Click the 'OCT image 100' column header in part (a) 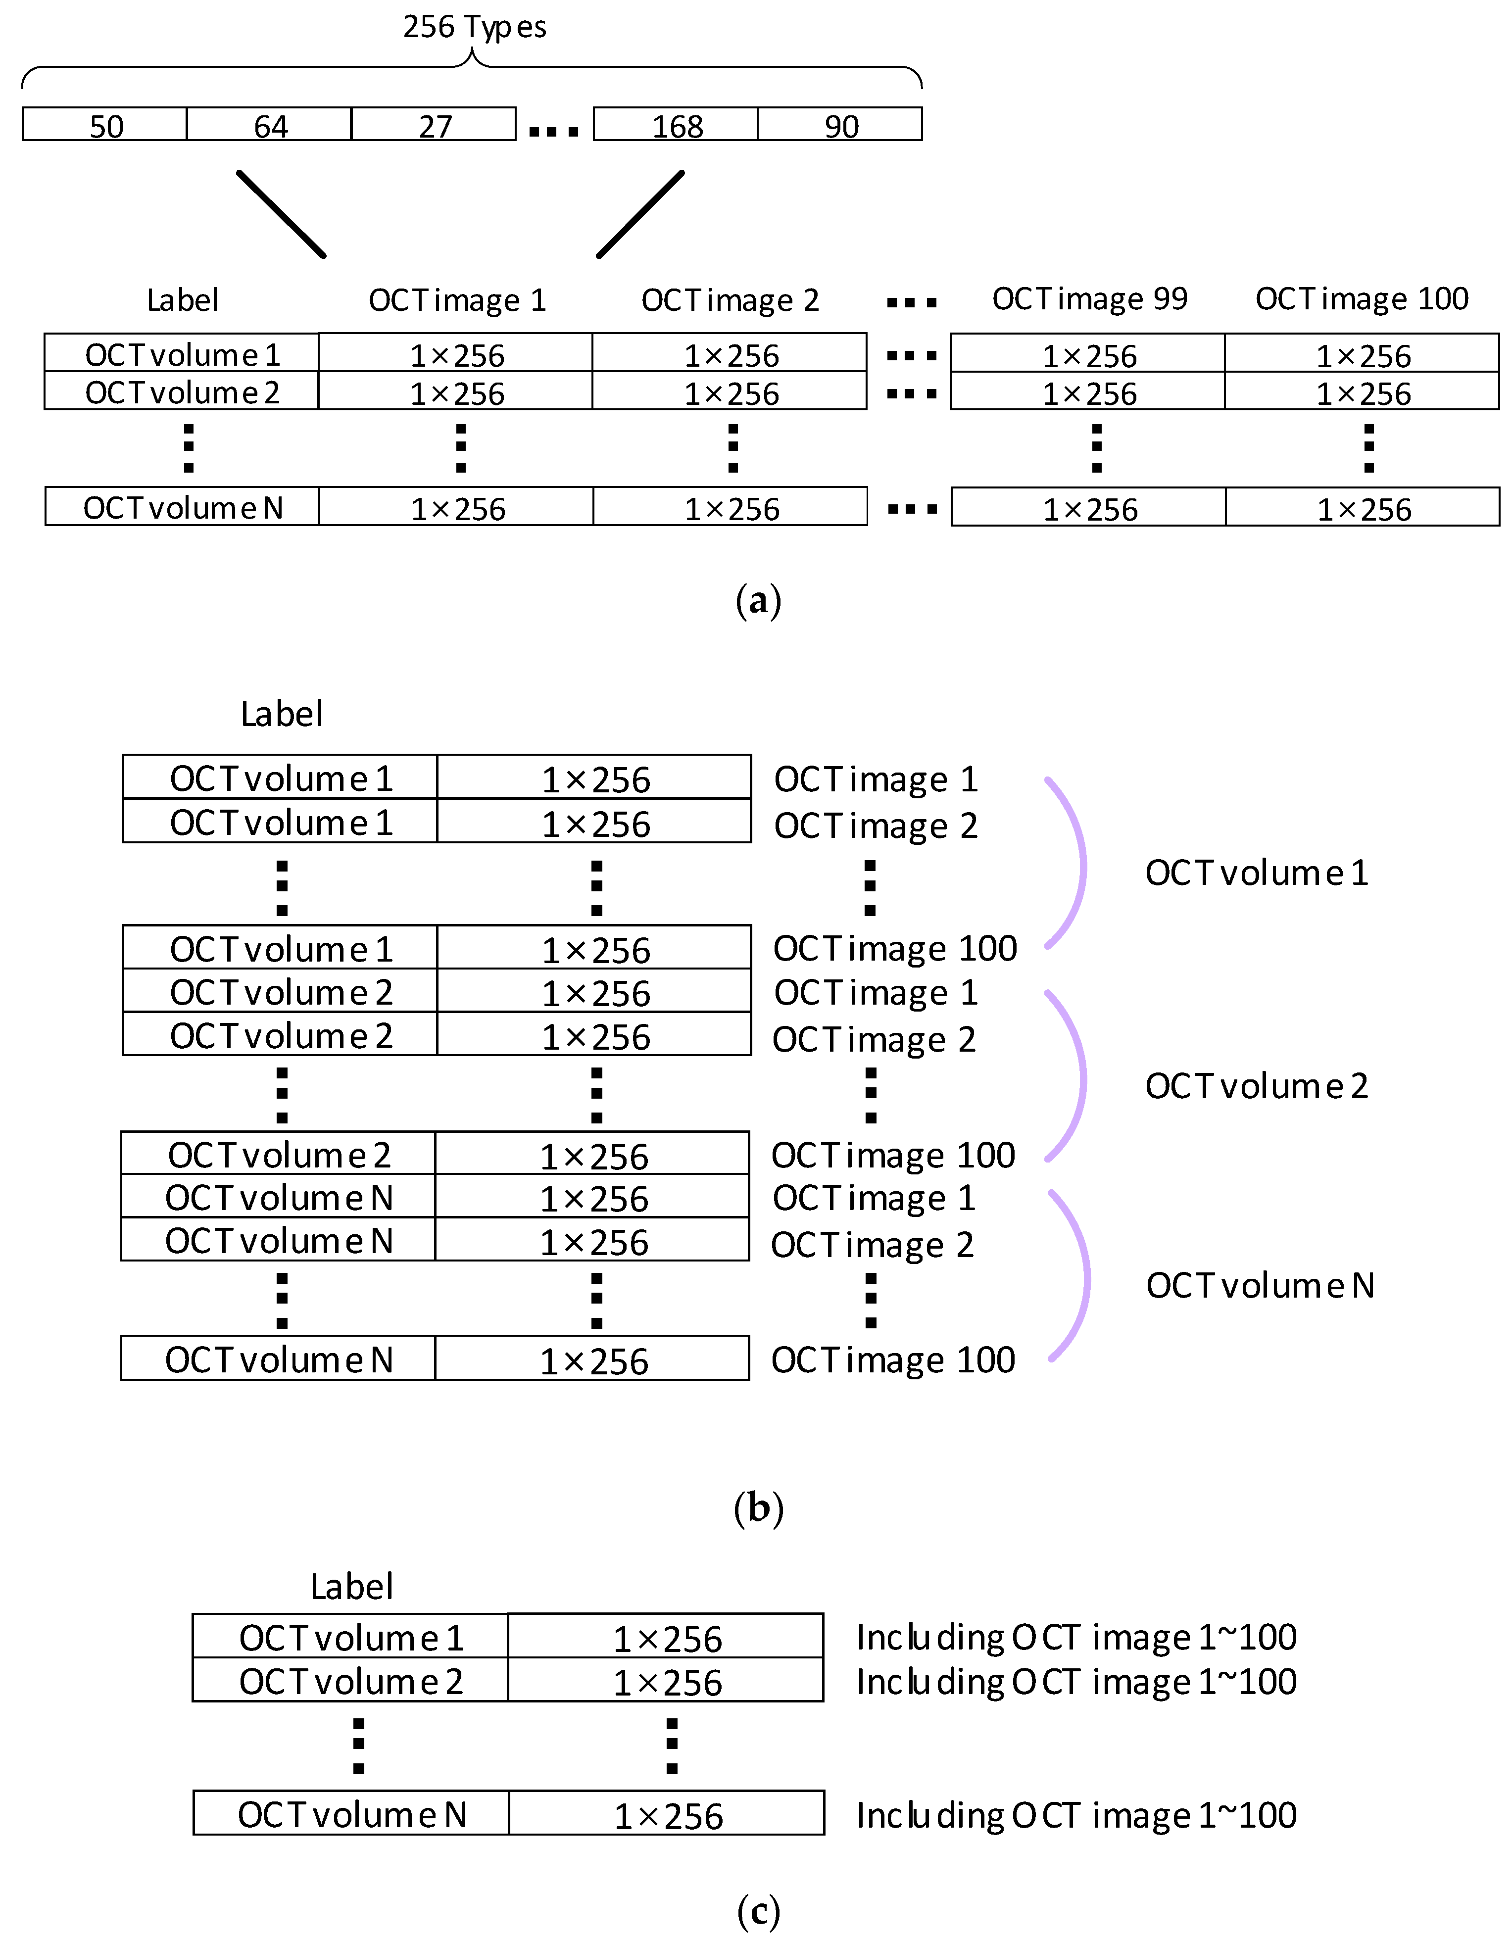pyautogui.click(x=1361, y=298)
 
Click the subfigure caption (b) pyautogui.click(x=758, y=1508)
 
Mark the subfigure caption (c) pyautogui.click(x=758, y=1911)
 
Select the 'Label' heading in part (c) pyautogui.click(x=351, y=1586)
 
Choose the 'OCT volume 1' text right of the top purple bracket pyautogui.click(x=1256, y=873)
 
